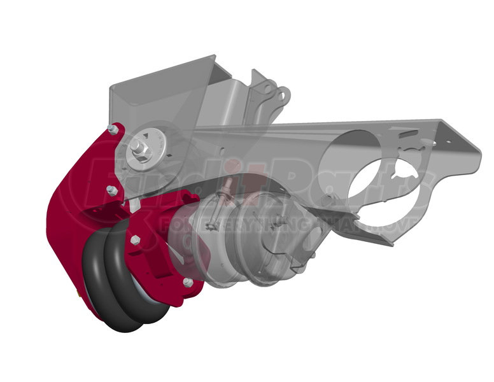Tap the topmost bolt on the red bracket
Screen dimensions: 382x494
click(113, 130)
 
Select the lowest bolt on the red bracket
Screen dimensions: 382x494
click(188, 281)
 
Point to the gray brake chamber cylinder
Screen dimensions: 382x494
click(255, 239)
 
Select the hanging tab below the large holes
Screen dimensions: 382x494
click(382, 236)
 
